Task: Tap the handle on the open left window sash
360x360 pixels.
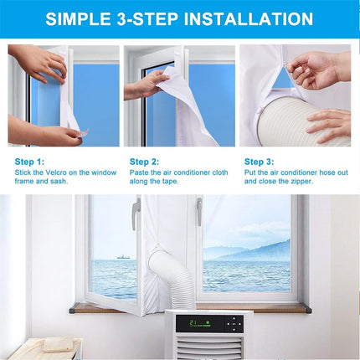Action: [x=135, y=216]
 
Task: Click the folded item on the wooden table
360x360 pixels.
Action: [x=58, y=344]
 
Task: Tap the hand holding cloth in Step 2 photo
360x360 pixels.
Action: [x=151, y=84]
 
